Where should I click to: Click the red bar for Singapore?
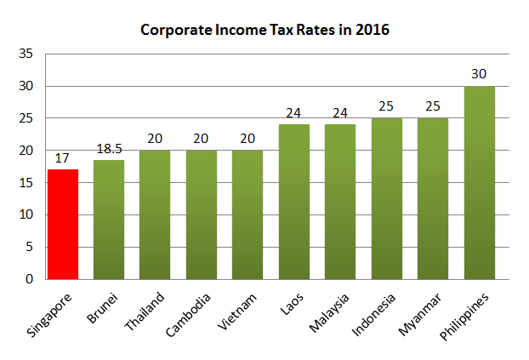[62, 224]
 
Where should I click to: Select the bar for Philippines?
[479, 182]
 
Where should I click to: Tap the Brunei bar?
[108, 219]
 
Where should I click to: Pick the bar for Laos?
[293, 202]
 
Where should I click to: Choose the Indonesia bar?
[386, 198]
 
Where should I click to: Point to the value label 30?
[479, 75]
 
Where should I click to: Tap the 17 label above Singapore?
[62, 158]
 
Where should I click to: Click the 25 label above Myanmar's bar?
[433, 107]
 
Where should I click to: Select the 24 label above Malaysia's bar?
[340, 113]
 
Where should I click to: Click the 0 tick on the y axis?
[30, 279]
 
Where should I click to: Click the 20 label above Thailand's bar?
[155, 140]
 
